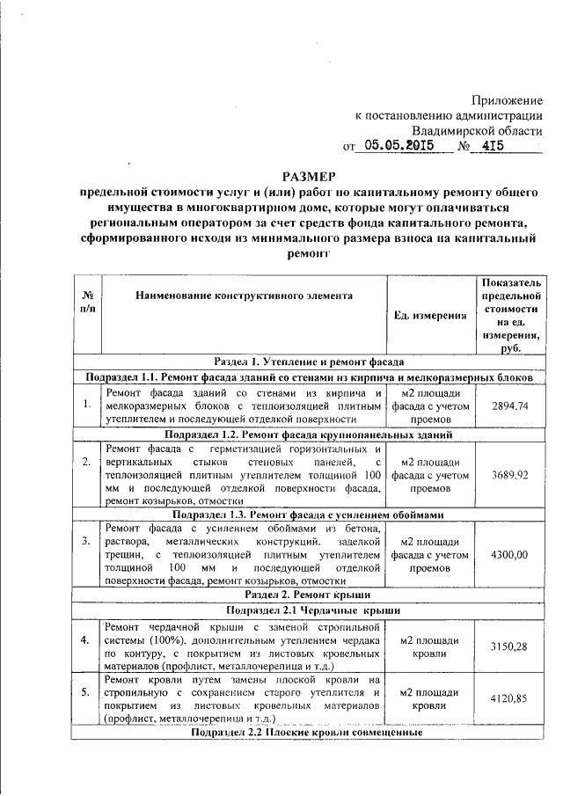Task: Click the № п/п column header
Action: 87,303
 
